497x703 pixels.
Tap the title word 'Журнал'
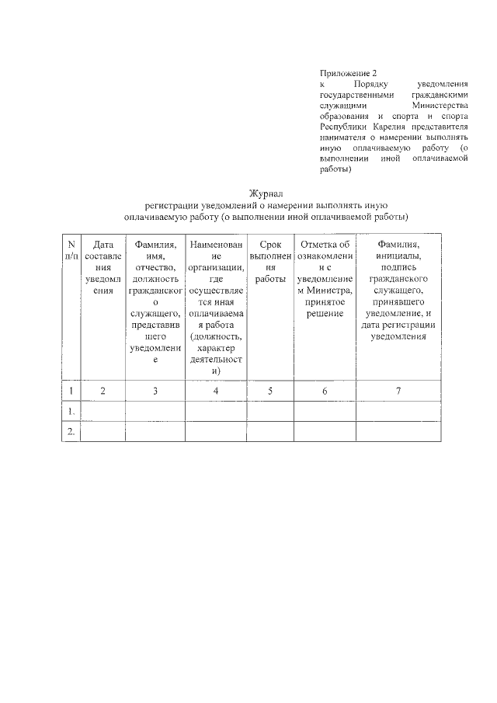[x=266, y=193]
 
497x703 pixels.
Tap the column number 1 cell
[x=71, y=391]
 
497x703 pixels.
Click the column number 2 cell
[x=103, y=391]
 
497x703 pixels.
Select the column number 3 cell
[x=155, y=391]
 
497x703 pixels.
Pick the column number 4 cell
[x=216, y=391]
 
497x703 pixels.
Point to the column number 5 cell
[x=270, y=391]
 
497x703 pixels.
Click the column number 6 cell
[x=325, y=391]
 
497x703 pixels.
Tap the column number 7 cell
[x=398, y=391]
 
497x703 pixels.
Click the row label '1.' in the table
[x=71, y=411]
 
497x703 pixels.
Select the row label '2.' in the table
[x=71, y=431]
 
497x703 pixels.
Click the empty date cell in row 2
[x=103, y=431]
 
